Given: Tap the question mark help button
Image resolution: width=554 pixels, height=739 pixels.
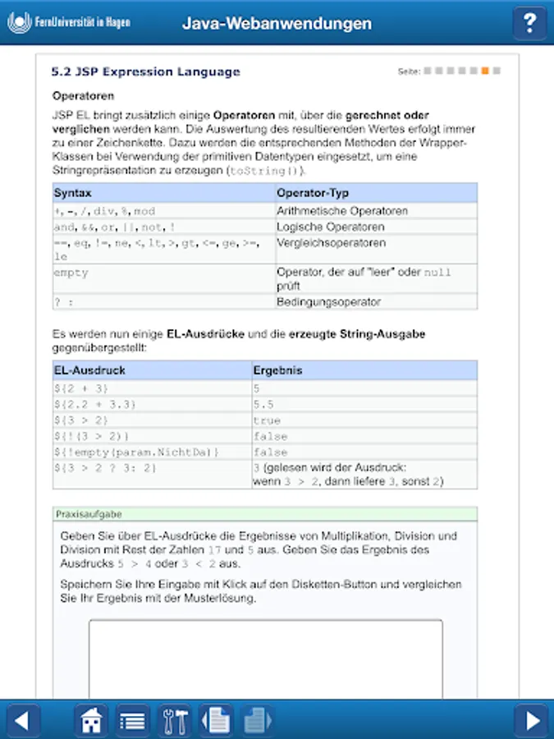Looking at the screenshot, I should pyautogui.click(x=530, y=23).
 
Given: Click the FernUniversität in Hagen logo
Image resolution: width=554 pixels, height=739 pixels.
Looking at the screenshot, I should pyautogui.click(x=70, y=23).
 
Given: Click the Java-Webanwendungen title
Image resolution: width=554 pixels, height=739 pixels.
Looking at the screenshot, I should pyautogui.click(x=277, y=24).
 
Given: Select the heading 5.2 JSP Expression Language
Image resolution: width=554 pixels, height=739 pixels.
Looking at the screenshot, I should pyautogui.click(x=146, y=71).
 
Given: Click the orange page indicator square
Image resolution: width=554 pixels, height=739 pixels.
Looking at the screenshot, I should pyautogui.click(x=485, y=71).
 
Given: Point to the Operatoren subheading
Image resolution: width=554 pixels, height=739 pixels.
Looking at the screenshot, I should pyautogui.click(x=83, y=96).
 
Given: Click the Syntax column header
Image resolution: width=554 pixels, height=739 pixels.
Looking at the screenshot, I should pyautogui.click(x=73, y=193).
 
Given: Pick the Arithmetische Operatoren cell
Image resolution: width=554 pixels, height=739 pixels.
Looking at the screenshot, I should pyautogui.click(x=342, y=211).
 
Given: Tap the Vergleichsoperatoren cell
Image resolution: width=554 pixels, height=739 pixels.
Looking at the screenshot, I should pyautogui.click(x=331, y=243).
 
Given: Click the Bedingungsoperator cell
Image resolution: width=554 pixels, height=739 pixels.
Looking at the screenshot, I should pyautogui.click(x=328, y=301).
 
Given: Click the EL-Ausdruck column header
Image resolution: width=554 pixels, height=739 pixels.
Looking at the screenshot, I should pyautogui.click(x=89, y=370).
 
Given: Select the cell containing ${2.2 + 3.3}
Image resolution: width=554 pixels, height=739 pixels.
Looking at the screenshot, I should pyautogui.click(x=95, y=404).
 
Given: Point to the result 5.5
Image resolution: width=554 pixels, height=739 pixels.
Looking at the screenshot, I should pyautogui.click(x=263, y=404).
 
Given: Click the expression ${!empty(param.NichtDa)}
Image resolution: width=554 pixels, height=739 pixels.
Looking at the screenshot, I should pyautogui.click(x=137, y=452).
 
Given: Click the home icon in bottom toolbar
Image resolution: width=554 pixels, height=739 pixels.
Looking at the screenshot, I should pyautogui.click(x=91, y=721).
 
